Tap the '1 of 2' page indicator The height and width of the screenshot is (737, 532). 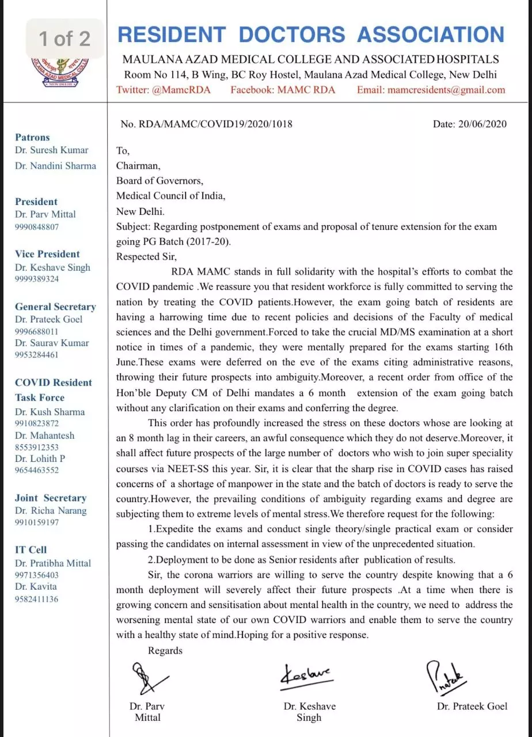[64, 39]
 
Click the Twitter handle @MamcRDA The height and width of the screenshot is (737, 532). [164, 90]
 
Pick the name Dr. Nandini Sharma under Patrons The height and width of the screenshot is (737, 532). [56, 166]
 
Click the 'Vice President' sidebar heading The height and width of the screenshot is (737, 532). [47, 254]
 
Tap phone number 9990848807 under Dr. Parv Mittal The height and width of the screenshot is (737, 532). [37, 227]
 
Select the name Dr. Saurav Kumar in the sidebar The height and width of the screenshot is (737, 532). [52, 343]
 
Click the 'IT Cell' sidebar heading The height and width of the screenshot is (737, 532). [31, 550]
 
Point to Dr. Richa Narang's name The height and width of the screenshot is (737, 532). [51, 510]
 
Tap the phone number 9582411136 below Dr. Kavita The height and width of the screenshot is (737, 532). [37, 599]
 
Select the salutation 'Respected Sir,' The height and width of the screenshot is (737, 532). [146, 257]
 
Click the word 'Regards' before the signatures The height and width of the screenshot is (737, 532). [165, 651]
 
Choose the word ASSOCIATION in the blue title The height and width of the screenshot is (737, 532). [431, 35]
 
